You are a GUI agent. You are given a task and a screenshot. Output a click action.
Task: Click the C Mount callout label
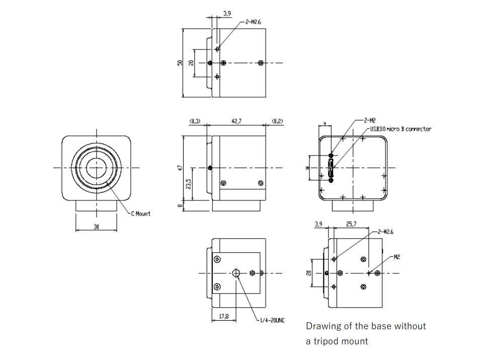140,214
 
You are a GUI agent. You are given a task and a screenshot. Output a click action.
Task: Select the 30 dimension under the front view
96,227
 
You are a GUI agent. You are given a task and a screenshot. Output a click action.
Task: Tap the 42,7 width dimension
235,121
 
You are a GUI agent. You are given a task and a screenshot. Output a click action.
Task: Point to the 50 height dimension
179,63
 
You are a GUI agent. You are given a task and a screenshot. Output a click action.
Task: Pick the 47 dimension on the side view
180,167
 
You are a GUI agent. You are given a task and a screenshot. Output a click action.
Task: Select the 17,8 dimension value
223,317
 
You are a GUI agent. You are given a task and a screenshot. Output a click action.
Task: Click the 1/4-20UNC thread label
272,321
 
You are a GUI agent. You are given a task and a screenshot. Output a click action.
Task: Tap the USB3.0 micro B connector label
401,129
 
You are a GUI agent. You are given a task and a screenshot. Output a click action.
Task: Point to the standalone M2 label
397,257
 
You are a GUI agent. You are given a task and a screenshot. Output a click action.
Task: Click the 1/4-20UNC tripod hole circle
237,273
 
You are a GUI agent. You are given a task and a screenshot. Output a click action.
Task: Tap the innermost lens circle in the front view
96,167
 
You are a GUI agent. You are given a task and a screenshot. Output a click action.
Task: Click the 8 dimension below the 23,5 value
180,205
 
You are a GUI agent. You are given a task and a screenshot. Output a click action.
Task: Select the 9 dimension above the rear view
325,123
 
